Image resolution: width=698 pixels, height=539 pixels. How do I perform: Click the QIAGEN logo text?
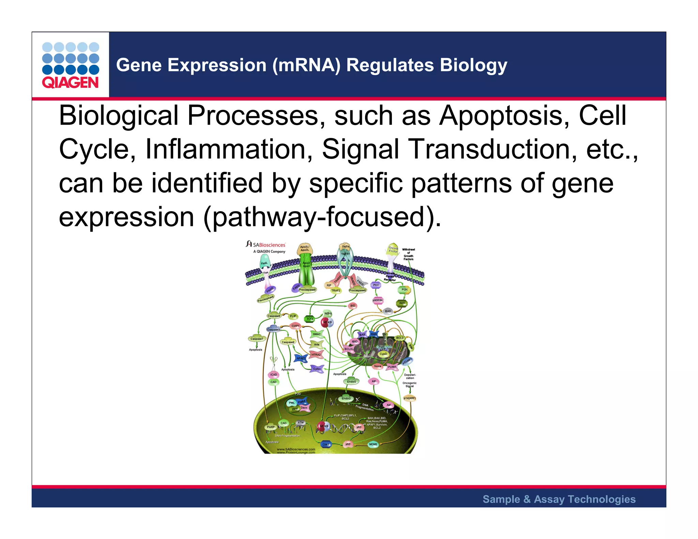point(70,82)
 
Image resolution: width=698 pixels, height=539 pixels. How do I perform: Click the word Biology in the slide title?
point(473,65)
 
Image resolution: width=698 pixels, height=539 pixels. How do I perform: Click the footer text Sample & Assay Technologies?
point(559,499)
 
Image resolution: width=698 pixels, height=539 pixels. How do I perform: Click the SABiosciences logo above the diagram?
point(266,245)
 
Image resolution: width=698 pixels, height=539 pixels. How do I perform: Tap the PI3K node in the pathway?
point(405,290)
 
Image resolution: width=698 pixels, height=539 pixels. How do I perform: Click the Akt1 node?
point(402,303)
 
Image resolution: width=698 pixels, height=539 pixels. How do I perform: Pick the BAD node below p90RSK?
point(388,311)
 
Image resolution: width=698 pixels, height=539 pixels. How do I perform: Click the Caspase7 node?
point(257,339)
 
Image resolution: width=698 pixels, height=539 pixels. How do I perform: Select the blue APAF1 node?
point(301,358)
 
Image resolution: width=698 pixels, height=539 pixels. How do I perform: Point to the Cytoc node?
point(317,369)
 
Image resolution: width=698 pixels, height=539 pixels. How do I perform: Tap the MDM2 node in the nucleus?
point(373,444)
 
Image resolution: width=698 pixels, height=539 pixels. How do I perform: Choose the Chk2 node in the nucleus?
point(326,444)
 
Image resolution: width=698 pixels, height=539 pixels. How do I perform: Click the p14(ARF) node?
point(410,398)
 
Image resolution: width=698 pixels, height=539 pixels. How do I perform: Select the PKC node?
point(376,285)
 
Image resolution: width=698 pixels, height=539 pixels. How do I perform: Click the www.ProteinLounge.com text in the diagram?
point(296,452)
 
